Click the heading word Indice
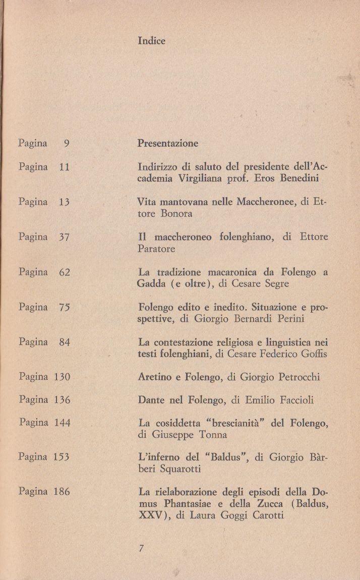click(151, 41)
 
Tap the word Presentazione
click(168, 143)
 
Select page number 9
click(66, 143)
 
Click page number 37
click(64, 237)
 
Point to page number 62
click(64, 272)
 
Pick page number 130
click(62, 377)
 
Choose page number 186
click(62, 491)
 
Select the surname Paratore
click(156, 249)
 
